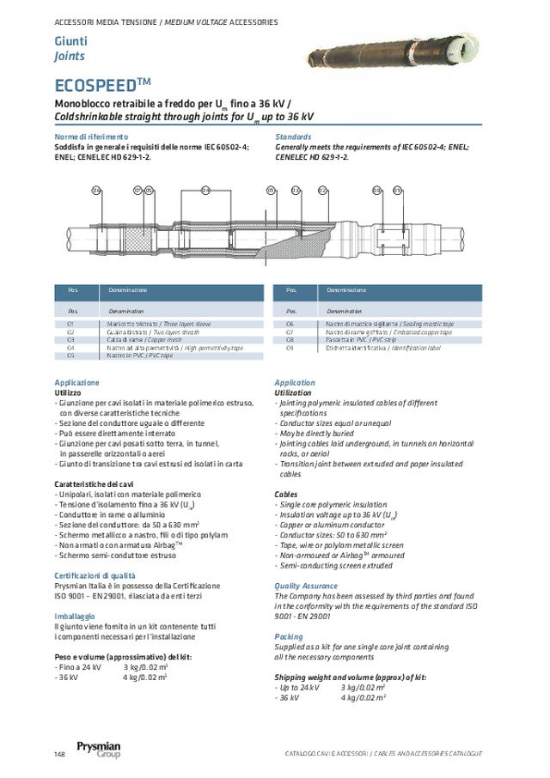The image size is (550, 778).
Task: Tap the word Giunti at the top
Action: tap(70, 42)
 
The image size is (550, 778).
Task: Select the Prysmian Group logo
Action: tap(98, 750)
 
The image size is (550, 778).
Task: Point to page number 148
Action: tap(59, 754)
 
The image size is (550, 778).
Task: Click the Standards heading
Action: tap(293, 137)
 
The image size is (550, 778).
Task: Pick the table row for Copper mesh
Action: tap(157, 339)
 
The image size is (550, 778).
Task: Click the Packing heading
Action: tap(290, 636)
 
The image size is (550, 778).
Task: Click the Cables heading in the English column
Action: tap(286, 495)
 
